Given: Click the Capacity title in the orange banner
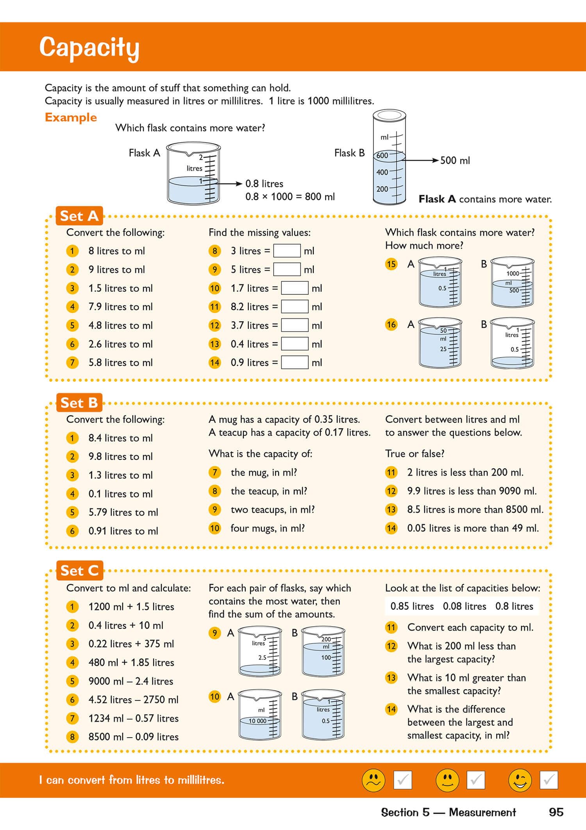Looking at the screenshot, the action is pyautogui.click(x=89, y=48).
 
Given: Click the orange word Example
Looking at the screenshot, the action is pyautogui.click(x=71, y=117).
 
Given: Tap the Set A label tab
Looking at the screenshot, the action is pyautogui.click(x=79, y=216).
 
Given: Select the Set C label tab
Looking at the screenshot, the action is pyautogui.click(x=79, y=571).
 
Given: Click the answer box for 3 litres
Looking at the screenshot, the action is pyautogui.click(x=287, y=251).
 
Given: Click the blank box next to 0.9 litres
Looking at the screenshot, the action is pyautogui.click(x=295, y=363).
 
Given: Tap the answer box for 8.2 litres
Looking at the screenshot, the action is pyautogui.click(x=295, y=307).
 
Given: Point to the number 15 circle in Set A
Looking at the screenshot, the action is pyautogui.click(x=391, y=264).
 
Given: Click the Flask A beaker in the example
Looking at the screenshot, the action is pyautogui.click(x=193, y=173).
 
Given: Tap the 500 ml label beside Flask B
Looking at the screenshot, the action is pyautogui.click(x=455, y=160).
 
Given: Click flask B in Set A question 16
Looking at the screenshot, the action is pyautogui.click(x=512, y=343).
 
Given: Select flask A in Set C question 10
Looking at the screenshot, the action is pyautogui.click(x=260, y=715).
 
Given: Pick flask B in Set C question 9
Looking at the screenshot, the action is pyautogui.click(x=323, y=651).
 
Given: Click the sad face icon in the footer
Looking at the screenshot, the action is pyautogui.click(x=373, y=780).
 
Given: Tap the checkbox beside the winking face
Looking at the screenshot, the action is pyautogui.click(x=548, y=780).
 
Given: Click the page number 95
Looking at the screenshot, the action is pyautogui.click(x=556, y=812).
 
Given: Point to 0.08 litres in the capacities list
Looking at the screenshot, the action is pyautogui.click(x=465, y=606).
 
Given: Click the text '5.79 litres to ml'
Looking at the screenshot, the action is pyautogui.click(x=123, y=512).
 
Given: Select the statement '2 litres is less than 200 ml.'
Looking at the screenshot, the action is pyautogui.click(x=465, y=472).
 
